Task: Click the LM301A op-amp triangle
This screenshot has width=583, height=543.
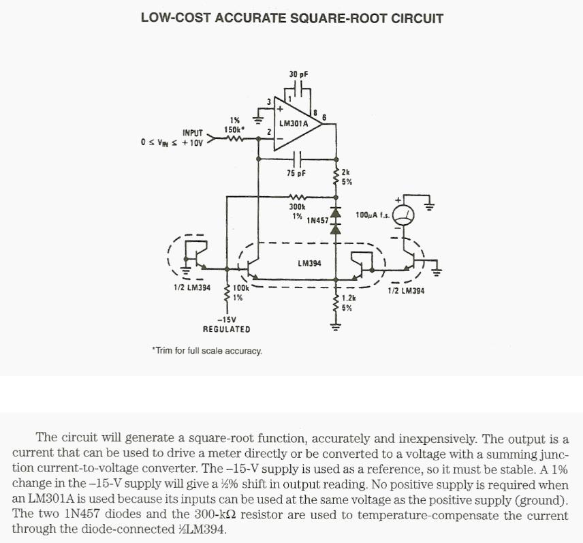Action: tap(296, 126)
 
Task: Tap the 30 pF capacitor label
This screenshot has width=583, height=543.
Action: tap(298, 74)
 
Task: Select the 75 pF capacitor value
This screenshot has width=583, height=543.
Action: tap(296, 173)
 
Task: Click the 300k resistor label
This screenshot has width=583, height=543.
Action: tap(298, 206)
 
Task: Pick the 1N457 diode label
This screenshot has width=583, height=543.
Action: tap(317, 220)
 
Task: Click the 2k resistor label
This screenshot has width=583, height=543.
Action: tap(345, 173)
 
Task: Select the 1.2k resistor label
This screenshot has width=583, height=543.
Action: tap(348, 298)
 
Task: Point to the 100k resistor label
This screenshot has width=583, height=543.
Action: tap(240, 288)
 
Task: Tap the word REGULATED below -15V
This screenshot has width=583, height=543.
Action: tap(226, 329)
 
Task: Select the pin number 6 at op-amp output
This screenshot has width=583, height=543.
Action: tap(324, 117)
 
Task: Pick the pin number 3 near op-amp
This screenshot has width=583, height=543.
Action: tap(268, 102)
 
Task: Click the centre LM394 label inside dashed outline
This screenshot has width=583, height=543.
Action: tap(310, 263)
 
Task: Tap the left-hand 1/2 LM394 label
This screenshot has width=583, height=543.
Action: tap(192, 288)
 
